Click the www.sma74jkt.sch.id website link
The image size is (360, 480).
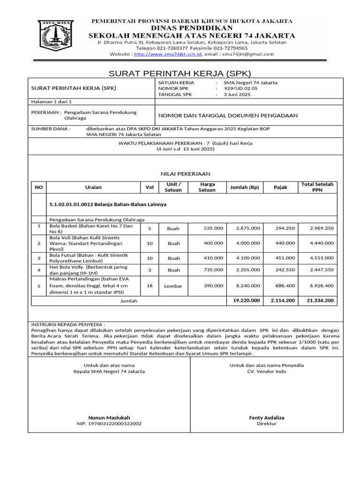tap(168, 54)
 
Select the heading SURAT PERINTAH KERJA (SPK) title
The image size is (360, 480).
tap(180, 74)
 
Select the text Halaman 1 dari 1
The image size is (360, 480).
tap(51, 101)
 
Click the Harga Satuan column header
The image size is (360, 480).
tap(207, 187)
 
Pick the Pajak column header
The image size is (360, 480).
tap(281, 187)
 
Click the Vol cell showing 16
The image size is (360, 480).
tap(150, 285)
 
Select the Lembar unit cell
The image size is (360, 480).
tap(173, 286)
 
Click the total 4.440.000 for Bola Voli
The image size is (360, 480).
tap(322, 243)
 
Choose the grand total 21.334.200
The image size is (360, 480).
tap(320, 300)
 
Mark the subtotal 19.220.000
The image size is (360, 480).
tap(246, 300)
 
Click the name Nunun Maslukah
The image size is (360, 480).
tap(109, 418)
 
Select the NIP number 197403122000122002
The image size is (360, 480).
tap(109, 424)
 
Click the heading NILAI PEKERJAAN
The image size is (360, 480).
tap(186, 173)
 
